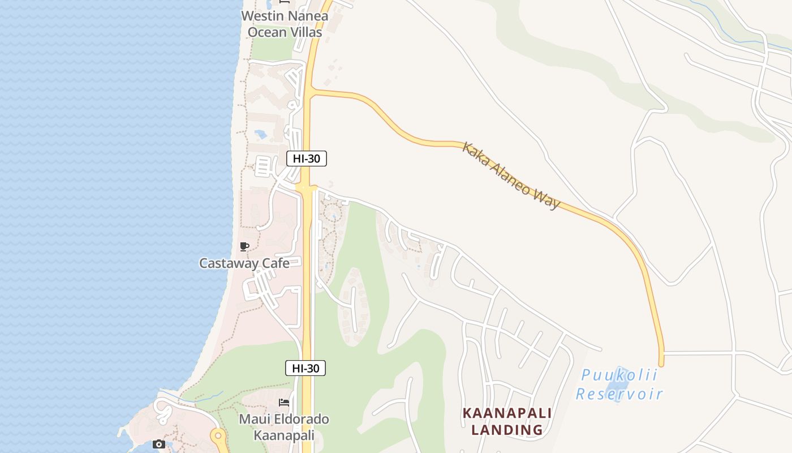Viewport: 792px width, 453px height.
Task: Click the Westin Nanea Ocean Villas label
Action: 285,24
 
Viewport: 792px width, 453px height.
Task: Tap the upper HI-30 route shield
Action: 307,159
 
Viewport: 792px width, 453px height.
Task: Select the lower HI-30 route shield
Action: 305,368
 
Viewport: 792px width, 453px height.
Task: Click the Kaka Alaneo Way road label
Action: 511,175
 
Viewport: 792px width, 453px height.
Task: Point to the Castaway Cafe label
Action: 244,263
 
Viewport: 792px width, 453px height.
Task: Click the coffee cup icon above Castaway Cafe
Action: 244,246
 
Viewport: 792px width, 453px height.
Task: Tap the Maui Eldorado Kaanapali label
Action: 284,427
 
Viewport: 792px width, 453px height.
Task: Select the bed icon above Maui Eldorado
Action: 284,403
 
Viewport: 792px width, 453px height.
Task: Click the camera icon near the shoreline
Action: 159,444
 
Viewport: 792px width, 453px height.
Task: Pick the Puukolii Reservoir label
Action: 619,384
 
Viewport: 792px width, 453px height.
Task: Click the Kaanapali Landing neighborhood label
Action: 507,421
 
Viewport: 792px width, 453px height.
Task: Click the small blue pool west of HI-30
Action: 261,135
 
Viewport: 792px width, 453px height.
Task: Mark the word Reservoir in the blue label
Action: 619,394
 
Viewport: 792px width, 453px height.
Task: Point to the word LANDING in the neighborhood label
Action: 507,429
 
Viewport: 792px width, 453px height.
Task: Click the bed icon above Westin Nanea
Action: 284,3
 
